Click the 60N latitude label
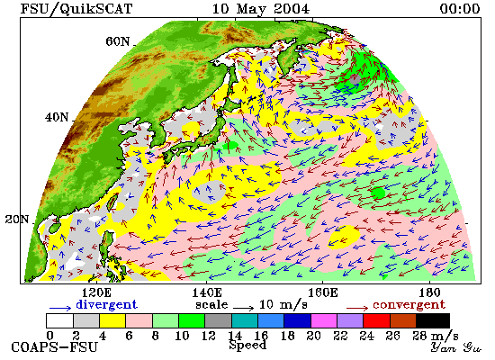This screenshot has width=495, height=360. pos(117,41)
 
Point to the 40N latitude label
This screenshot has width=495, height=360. pos(57,118)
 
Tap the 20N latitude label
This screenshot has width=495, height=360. pos(17,220)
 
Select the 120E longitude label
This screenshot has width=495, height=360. pos(96,292)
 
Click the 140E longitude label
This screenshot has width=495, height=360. pos(207,292)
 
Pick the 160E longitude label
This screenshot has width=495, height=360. pos(322,292)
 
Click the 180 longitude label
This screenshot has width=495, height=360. pos(429,292)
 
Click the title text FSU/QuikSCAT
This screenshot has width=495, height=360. pos(76,9)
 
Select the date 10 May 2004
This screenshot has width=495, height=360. pos(260,9)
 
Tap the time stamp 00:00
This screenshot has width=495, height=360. pos(460,9)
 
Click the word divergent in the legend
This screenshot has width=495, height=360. pos(106,305)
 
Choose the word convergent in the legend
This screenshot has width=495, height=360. pos(409,305)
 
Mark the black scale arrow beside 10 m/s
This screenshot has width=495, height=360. pos(243,308)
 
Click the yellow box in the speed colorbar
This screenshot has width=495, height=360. pos(112,320)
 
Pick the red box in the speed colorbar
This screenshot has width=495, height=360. pos(376,320)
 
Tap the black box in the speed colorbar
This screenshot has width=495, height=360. pos(433,320)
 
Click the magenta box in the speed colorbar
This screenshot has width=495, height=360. pos(324,320)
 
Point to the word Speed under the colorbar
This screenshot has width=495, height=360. pos(247,345)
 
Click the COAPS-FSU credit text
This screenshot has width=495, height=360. pos(54,347)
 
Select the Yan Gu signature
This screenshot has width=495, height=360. pos(456,347)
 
